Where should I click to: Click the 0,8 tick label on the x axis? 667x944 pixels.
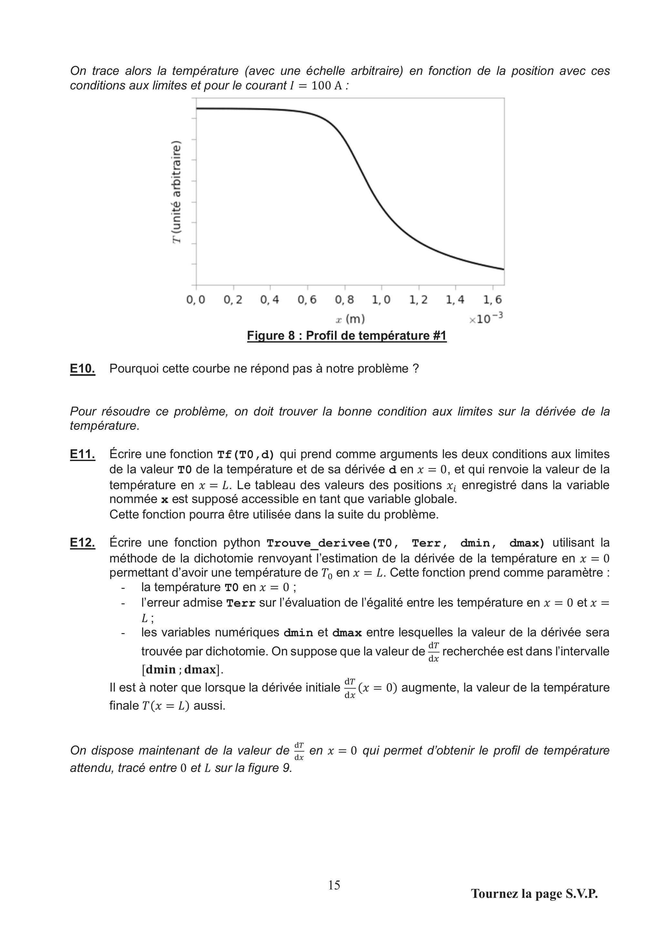344,300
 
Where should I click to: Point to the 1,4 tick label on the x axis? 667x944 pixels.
455,300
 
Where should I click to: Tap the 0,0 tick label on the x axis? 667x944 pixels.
196,300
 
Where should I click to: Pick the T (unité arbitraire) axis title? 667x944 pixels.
176,192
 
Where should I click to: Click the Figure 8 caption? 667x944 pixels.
347,335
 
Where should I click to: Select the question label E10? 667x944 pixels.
82,369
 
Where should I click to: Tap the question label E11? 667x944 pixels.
82,454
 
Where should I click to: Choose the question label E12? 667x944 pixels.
82,543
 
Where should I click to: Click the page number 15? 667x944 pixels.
334,885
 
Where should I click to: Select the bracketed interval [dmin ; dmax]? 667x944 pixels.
182,670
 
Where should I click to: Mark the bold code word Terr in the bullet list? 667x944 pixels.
241,603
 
